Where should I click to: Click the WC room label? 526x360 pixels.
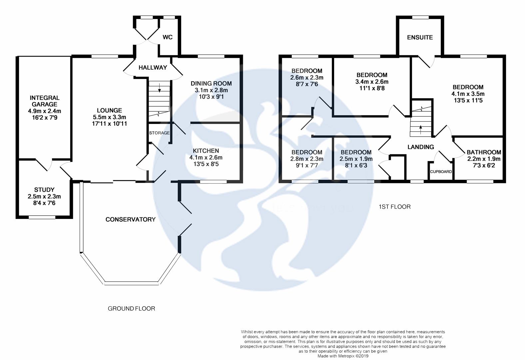[168, 37]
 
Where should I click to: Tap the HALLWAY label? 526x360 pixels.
[153, 68]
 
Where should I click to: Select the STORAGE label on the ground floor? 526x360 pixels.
[159, 133]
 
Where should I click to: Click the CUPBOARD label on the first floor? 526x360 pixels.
[441, 172]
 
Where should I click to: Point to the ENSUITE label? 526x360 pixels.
[420, 37]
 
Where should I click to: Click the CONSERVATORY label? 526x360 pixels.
[131, 219]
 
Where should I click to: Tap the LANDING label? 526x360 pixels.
[421, 147]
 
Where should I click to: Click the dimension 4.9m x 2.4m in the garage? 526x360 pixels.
[45, 111]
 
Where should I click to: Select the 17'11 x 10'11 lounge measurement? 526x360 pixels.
[109, 124]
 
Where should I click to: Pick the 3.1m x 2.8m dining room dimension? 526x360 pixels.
[211, 90]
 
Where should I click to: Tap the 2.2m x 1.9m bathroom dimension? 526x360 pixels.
[484, 159]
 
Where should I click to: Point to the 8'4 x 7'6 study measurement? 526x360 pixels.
[44, 203]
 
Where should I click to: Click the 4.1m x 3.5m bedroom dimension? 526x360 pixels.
[468, 94]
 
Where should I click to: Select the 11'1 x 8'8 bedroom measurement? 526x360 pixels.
[372, 88]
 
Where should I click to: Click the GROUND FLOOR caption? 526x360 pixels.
[131, 309]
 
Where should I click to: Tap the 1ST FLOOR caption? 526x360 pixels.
[394, 207]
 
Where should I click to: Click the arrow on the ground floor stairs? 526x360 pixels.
[159, 88]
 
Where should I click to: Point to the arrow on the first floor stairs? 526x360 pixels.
[420, 127]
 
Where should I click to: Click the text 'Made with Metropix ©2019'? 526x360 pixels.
[343, 356]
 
